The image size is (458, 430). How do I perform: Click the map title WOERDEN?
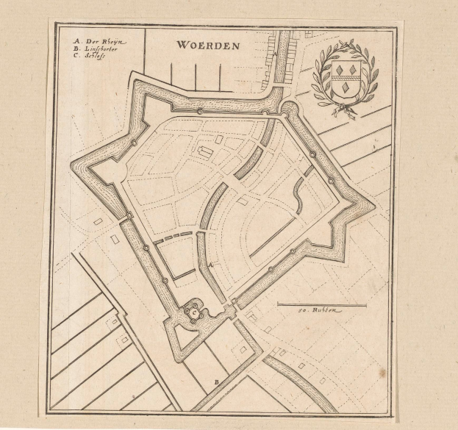(x=208, y=45)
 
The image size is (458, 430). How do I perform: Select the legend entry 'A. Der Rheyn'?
(x=100, y=41)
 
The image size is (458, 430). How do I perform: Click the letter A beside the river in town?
(x=211, y=264)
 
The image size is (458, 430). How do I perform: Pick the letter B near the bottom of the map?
(x=216, y=382)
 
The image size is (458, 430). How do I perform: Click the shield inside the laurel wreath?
(x=343, y=77)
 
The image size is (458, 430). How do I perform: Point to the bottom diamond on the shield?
(x=343, y=89)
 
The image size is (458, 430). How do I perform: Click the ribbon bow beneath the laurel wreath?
(x=343, y=110)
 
